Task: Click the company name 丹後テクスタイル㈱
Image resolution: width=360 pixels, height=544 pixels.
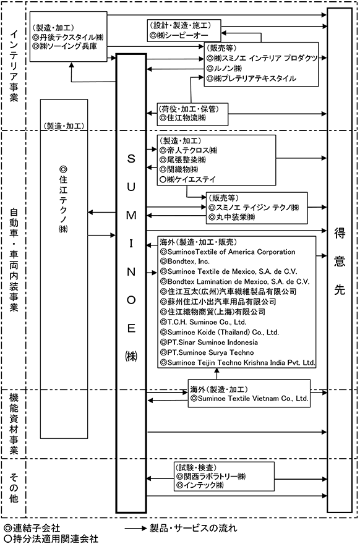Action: (x=72, y=36)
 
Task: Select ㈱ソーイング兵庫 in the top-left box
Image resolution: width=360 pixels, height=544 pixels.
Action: (x=69, y=46)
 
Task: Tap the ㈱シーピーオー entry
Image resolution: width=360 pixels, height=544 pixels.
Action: (x=182, y=35)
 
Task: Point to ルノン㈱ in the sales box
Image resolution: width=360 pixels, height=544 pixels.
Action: (x=228, y=69)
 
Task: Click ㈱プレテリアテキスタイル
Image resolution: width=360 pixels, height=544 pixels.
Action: (x=255, y=79)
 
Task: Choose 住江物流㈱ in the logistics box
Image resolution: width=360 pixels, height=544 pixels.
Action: (x=186, y=118)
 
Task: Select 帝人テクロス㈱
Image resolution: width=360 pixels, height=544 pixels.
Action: (x=192, y=150)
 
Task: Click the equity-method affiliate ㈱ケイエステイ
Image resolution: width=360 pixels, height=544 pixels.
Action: (x=191, y=179)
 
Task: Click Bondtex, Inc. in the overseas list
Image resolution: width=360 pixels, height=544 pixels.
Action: (x=189, y=261)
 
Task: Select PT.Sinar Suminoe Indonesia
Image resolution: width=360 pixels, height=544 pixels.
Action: (x=212, y=342)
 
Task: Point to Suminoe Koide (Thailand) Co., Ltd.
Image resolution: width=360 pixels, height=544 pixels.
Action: (x=223, y=333)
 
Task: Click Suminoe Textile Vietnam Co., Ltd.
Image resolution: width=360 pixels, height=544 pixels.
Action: (x=253, y=399)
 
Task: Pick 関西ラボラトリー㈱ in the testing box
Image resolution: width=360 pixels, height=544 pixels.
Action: (x=215, y=477)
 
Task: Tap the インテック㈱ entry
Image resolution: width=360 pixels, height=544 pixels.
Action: (x=204, y=485)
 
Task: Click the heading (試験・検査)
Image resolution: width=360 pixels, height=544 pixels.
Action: (x=197, y=467)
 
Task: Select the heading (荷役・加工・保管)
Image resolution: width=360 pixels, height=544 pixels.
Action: (x=189, y=109)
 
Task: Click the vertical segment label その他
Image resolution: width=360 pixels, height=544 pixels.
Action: (x=14, y=488)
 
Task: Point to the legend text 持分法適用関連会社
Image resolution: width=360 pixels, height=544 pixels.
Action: (x=56, y=538)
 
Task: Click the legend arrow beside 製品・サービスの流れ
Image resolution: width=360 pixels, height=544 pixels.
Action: (x=135, y=529)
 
